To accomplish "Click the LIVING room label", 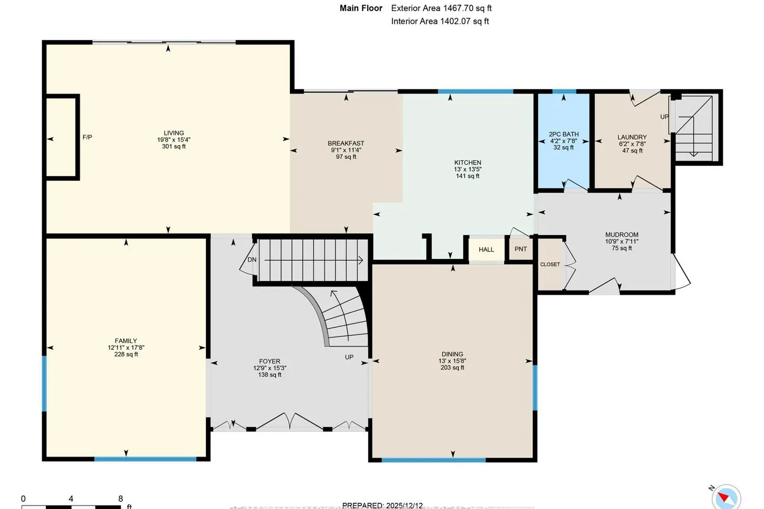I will pos(174,133).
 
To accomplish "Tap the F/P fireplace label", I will pos(87,137).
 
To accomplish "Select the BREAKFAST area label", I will pos(346,144).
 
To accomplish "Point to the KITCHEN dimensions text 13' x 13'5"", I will pos(468,169).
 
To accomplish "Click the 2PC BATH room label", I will pos(563,134).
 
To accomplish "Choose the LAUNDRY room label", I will pos(632,137).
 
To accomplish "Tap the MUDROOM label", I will pos(621,235).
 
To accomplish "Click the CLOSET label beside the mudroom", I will pos(550,265).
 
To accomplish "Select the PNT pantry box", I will pos(521,249).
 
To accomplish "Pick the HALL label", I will pos(486,249).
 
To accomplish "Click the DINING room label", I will pos(452,354).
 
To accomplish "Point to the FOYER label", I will pos(269,361).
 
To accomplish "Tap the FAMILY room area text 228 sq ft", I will pos(126,354).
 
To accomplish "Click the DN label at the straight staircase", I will pos(252,260).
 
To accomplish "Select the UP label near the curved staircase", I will pos(349,357).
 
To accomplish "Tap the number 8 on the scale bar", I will pos(120,499).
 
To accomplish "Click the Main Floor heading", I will pos(361,8).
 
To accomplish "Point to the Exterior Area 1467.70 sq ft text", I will pos(441,8).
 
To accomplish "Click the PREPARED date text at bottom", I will pos(382,505).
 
